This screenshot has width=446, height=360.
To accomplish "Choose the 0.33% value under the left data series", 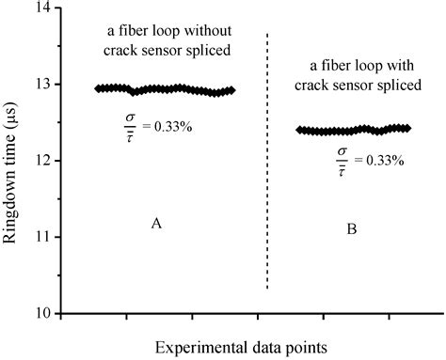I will [176, 122].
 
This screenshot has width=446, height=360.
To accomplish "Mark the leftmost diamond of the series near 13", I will [99, 88].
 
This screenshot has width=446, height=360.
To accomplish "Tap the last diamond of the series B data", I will [407, 128].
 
